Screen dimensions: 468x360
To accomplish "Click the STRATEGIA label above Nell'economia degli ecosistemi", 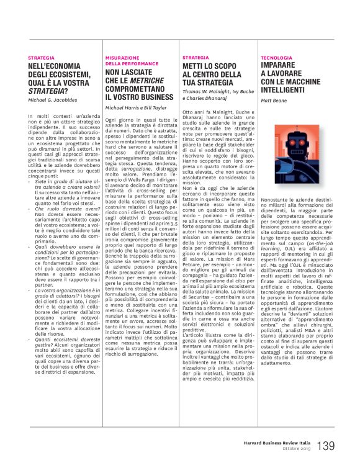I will (41, 57).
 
